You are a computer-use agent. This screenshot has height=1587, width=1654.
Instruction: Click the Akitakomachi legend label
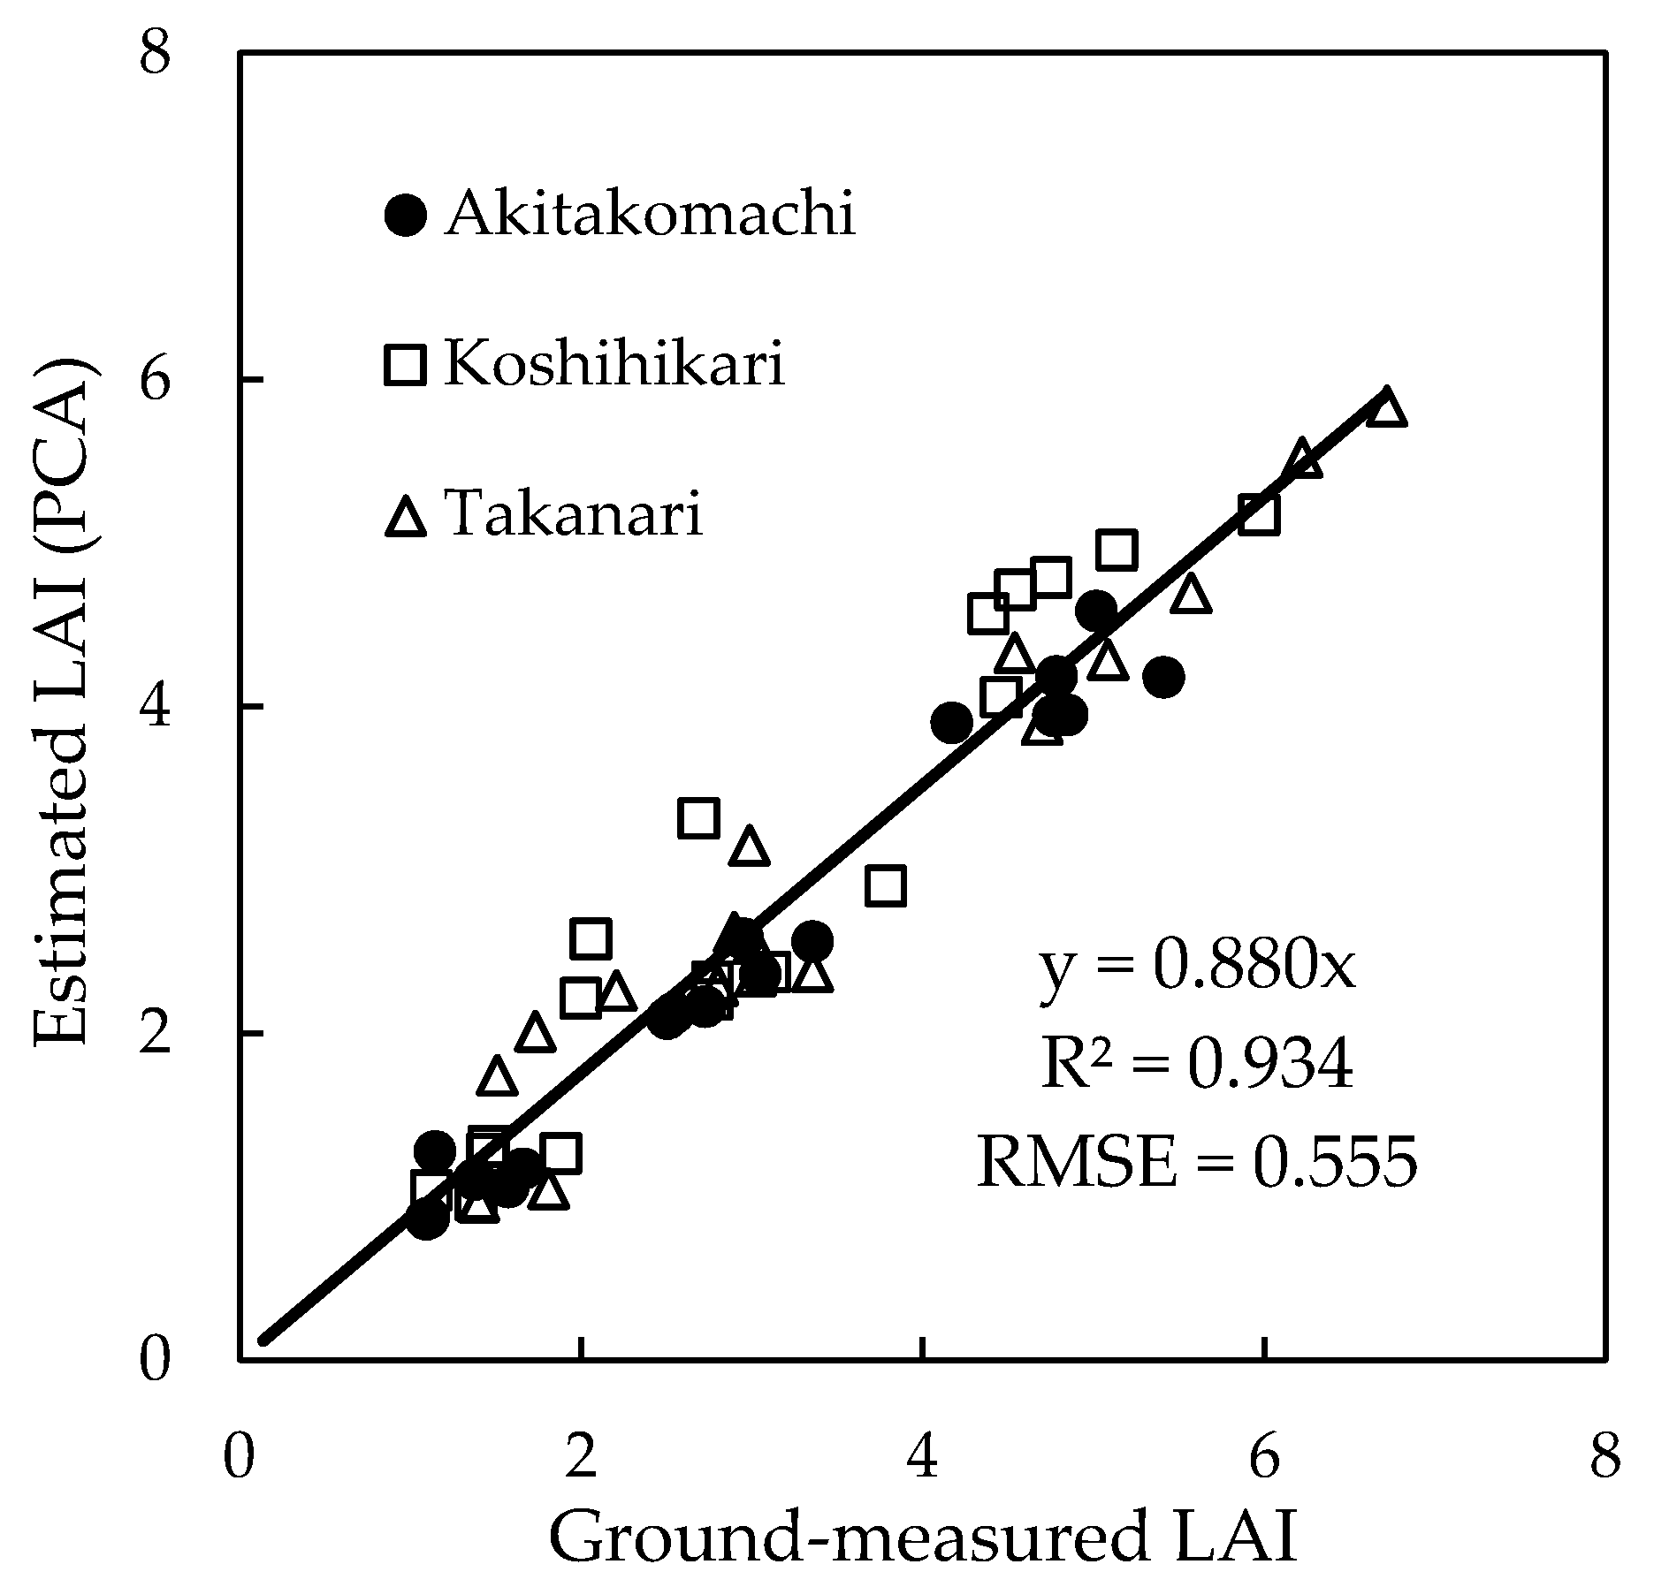(x=650, y=214)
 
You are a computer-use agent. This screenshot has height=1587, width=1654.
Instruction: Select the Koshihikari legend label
(x=614, y=363)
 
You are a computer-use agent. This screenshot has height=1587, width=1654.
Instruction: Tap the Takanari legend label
(x=575, y=513)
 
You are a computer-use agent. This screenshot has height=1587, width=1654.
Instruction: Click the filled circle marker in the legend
(x=407, y=215)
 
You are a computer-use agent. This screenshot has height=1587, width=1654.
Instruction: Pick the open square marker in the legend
(x=406, y=364)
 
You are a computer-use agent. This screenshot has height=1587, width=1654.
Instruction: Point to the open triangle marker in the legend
(x=406, y=516)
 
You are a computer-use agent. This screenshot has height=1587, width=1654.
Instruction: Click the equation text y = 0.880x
(x=1196, y=969)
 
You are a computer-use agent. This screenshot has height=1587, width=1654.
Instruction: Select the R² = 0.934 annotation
(x=1196, y=1064)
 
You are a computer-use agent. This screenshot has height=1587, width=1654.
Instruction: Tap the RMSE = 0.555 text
(x=1196, y=1161)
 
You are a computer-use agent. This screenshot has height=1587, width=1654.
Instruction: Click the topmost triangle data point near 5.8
(x=1386, y=408)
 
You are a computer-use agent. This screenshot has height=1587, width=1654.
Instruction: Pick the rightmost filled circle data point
(x=1163, y=677)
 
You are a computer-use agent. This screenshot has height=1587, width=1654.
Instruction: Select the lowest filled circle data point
(x=427, y=1219)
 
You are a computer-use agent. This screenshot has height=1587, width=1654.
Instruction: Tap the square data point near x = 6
(x=1259, y=514)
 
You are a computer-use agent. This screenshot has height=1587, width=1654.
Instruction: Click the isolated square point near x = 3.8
(x=886, y=885)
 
